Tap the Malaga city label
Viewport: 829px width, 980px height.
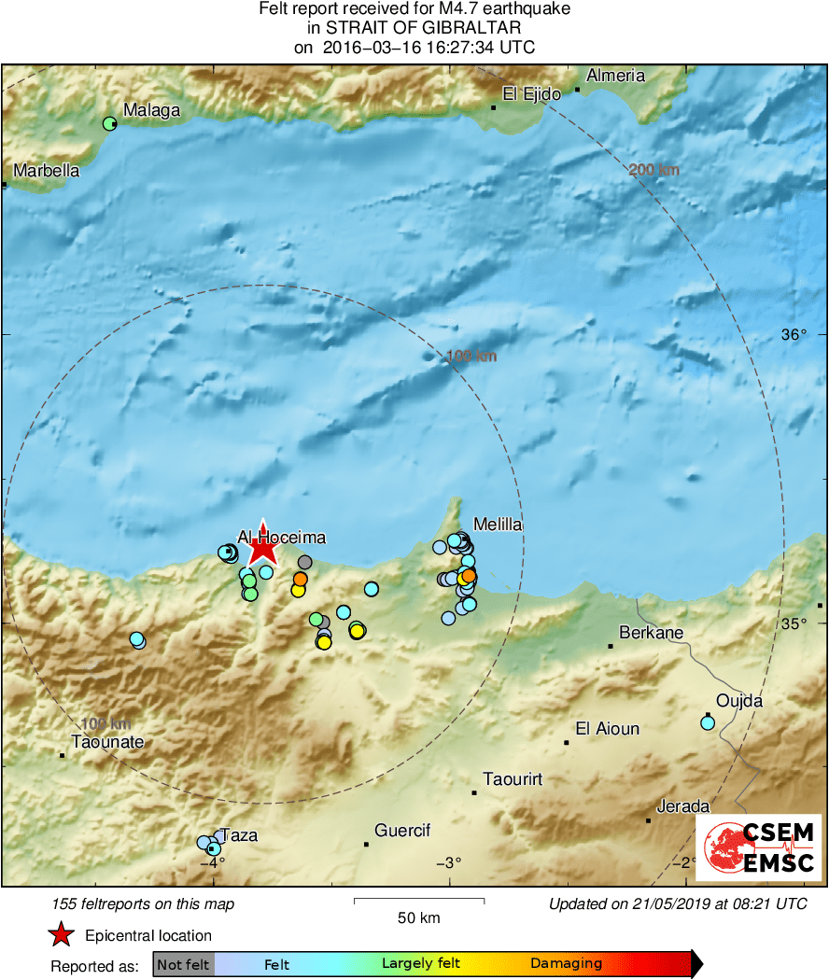152,111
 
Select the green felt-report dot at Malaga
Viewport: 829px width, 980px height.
110,123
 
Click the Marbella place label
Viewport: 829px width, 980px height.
47,171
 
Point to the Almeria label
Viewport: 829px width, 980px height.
615,76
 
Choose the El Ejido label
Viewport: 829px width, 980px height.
531,93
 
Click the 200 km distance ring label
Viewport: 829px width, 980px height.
653,170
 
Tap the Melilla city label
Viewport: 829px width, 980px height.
498,525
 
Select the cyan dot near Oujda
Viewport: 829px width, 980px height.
708,722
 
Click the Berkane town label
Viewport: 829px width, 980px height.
652,633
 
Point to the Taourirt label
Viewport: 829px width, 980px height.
513,778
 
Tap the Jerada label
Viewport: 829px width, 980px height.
683,806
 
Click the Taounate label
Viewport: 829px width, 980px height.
108,742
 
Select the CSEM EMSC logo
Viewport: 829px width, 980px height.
758,847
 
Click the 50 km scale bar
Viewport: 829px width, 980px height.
419,902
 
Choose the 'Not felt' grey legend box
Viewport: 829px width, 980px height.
183,964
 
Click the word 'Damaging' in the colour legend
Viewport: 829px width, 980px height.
566,964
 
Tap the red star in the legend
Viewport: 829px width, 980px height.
62,935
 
